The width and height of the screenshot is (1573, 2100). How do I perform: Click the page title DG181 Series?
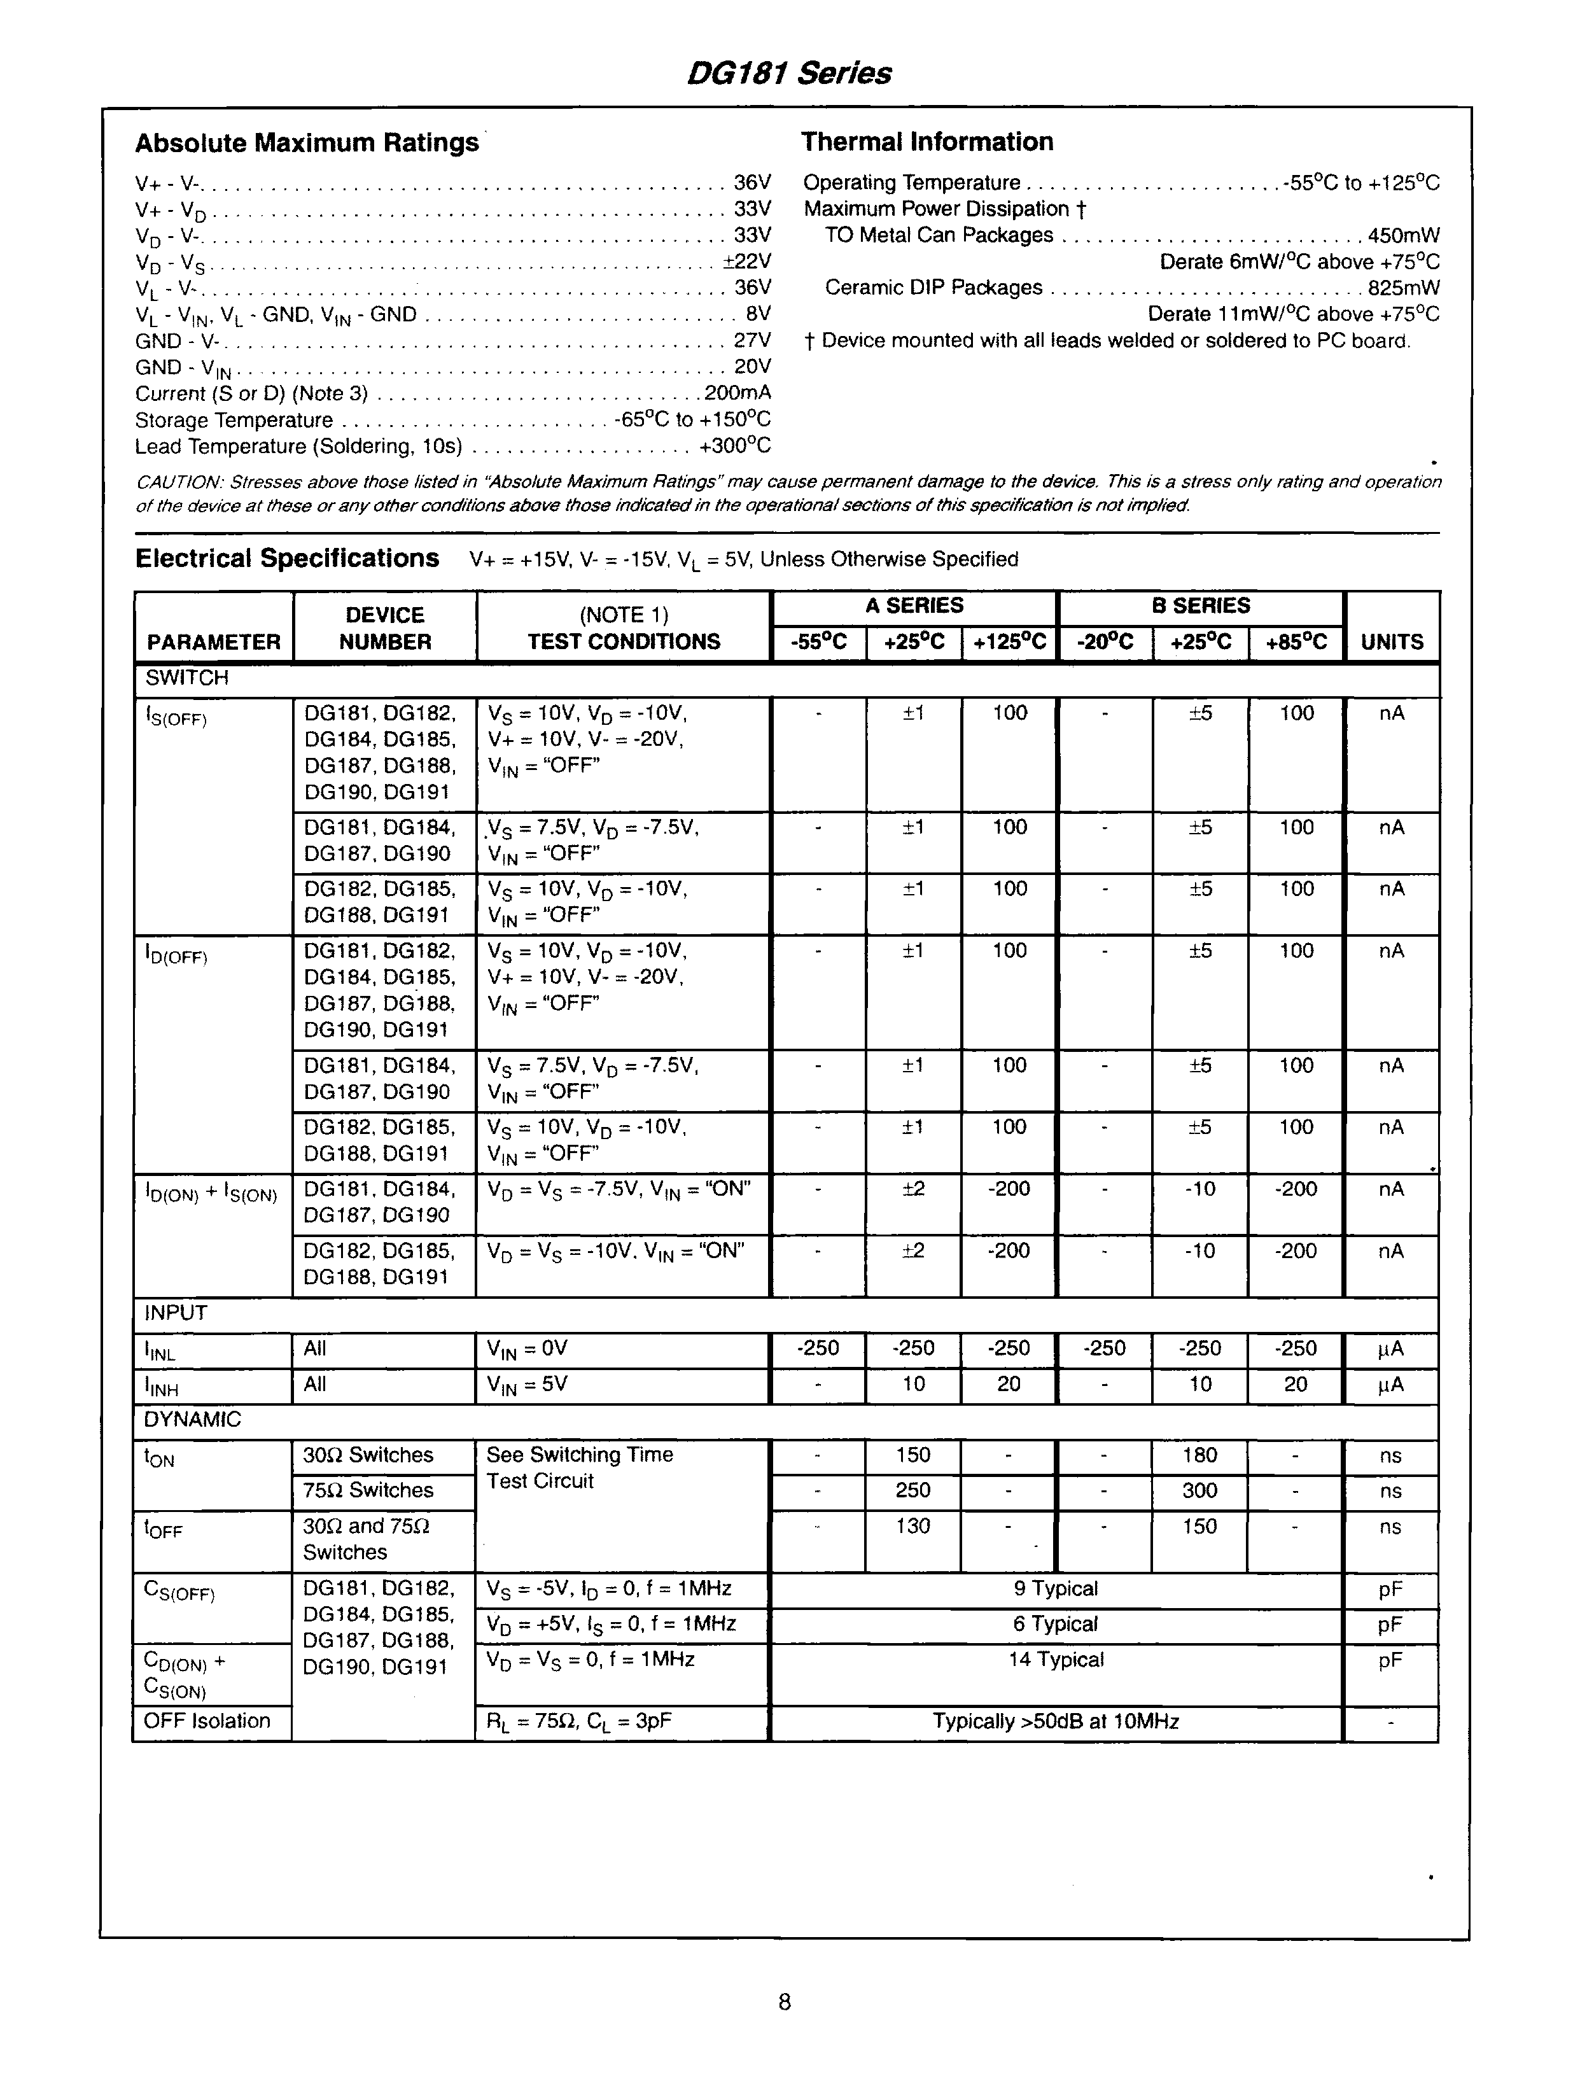click(788, 73)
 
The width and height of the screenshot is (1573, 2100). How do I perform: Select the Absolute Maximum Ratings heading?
click(307, 143)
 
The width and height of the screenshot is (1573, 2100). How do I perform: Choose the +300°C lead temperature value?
click(735, 446)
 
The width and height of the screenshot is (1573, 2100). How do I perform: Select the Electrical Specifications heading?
click(287, 558)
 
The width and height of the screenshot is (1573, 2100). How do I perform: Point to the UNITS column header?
click(1392, 641)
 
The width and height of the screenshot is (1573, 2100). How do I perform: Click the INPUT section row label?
click(175, 1313)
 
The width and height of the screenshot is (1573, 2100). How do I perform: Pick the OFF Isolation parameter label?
click(207, 1720)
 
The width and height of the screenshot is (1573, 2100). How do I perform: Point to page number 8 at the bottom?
click(784, 2002)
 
